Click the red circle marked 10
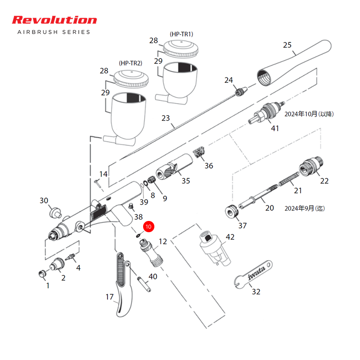point(148,226)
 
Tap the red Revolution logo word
point(54,20)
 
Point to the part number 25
point(287,45)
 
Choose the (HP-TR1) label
point(181,34)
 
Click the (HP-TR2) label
point(130,63)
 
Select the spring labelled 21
point(289,179)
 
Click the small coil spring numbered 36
point(199,152)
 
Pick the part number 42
point(230,237)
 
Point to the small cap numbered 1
point(42,274)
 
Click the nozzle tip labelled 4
point(71,257)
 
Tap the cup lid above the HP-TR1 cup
point(181,49)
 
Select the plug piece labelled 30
point(55,212)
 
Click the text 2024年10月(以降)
point(309,114)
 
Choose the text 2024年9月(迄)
point(305,208)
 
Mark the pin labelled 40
point(144,285)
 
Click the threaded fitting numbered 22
point(311,166)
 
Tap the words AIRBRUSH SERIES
point(54,32)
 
